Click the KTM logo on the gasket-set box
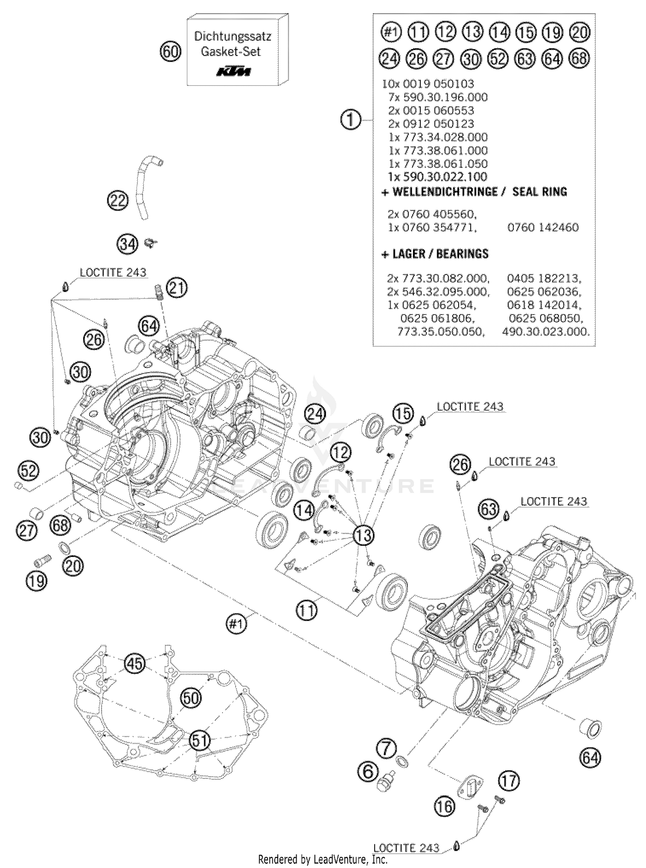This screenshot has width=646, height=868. (233, 71)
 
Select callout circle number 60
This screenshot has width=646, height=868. (171, 52)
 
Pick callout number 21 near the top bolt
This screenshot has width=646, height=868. (177, 288)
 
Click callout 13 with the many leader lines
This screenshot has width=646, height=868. (363, 535)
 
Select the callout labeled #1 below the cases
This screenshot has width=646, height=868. (236, 624)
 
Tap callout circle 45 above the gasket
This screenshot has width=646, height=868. (135, 663)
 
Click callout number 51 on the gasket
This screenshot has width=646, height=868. (200, 741)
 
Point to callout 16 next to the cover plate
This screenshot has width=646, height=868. (445, 806)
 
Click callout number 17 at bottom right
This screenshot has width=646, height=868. (509, 781)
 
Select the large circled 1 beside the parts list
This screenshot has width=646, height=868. (351, 120)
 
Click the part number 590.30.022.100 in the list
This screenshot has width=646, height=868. (438, 177)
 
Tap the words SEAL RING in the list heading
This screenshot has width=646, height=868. (540, 192)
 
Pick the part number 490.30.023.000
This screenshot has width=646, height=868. (545, 331)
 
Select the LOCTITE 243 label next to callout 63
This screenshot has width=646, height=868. (553, 501)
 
